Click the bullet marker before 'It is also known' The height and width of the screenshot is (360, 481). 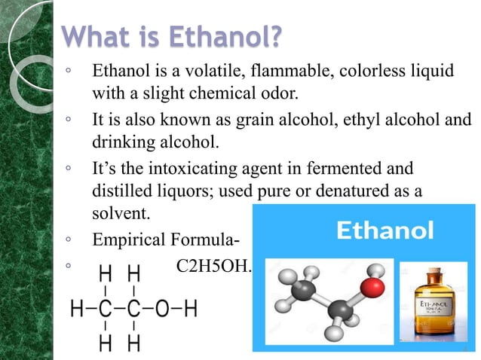(x=69, y=120)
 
